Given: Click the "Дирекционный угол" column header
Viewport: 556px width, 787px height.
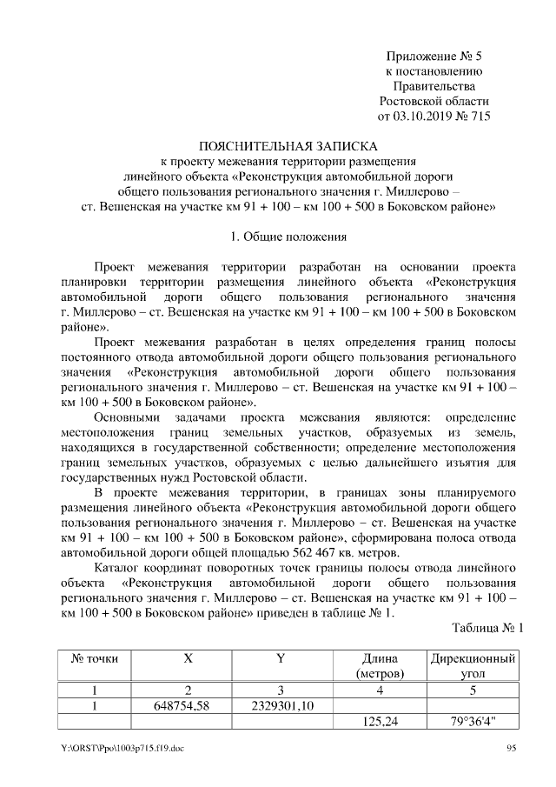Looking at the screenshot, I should [473, 665].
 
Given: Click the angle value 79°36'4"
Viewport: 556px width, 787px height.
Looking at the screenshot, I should [473, 721].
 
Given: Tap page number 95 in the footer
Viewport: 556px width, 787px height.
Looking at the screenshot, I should [511, 748].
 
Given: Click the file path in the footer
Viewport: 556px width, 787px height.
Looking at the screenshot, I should [117, 748].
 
